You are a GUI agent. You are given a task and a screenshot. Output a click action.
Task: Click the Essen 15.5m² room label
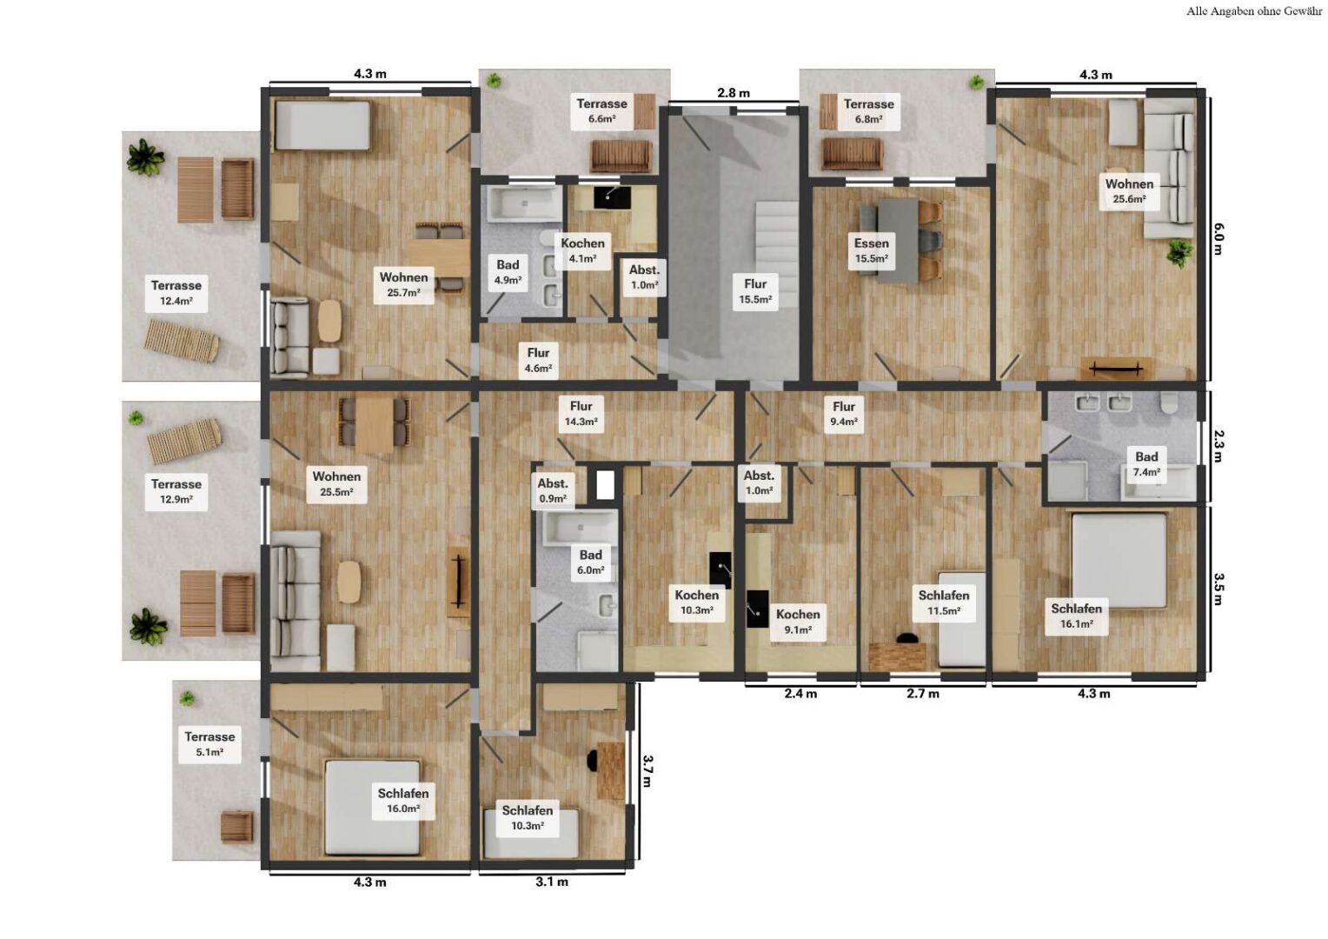871,250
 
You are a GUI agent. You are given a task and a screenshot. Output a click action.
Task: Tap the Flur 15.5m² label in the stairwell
755,291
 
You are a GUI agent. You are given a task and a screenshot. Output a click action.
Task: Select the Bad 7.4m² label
1145,464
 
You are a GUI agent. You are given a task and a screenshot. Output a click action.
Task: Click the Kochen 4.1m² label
582,250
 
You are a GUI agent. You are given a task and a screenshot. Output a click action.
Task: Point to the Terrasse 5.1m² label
209,744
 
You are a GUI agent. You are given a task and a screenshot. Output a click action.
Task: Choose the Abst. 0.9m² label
553,490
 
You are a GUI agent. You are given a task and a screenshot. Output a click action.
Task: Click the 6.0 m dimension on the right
1218,238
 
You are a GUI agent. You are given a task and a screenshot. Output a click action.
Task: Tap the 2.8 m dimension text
733,93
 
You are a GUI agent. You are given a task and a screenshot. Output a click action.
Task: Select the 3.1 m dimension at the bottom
552,882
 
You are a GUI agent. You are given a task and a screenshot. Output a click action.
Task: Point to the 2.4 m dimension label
800,694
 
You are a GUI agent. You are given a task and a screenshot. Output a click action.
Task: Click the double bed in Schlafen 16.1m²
1119,560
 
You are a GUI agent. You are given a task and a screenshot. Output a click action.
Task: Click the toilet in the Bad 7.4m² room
1169,403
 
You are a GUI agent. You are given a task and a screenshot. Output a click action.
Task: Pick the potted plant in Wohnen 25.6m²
1179,253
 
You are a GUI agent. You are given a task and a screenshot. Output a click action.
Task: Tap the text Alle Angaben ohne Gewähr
1253,11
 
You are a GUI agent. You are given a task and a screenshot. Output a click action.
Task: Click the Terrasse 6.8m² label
868,111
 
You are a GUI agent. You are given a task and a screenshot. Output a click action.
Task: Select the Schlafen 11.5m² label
943,603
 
